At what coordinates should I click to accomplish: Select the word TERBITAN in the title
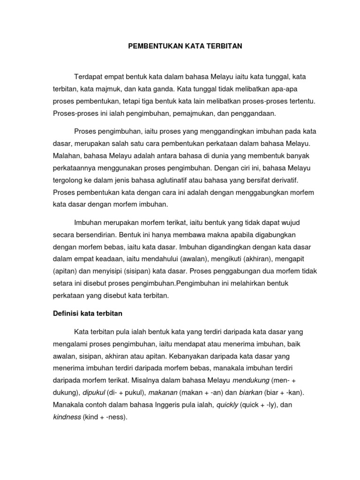click(226, 46)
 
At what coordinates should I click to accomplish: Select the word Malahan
click(67, 156)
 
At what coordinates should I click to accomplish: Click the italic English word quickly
click(227, 405)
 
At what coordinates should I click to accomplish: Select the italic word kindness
click(67, 417)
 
